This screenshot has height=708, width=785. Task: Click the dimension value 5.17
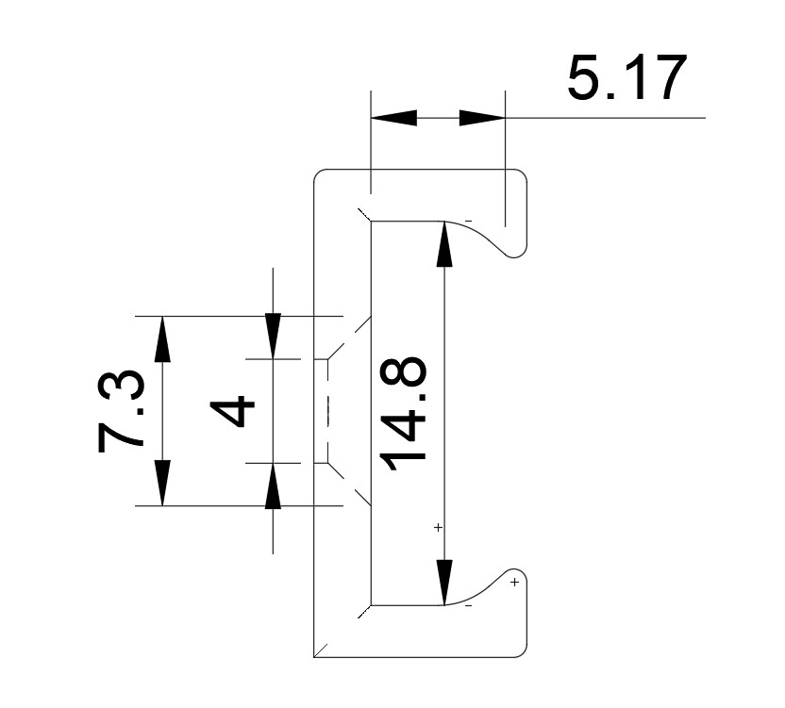click(x=627, y=77)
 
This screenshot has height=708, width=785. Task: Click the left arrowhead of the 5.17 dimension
click(x=394, y=118)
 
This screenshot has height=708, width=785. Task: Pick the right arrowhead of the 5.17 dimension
click(x=482, y=118)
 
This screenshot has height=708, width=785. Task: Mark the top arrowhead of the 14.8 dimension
click(x=444, y=244)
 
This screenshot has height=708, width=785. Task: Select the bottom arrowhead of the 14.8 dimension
click(x=444, y=583)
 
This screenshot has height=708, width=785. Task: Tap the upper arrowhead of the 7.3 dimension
click(x=162, y=338)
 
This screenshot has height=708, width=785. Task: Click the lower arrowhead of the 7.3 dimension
click(x=162, y=483)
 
